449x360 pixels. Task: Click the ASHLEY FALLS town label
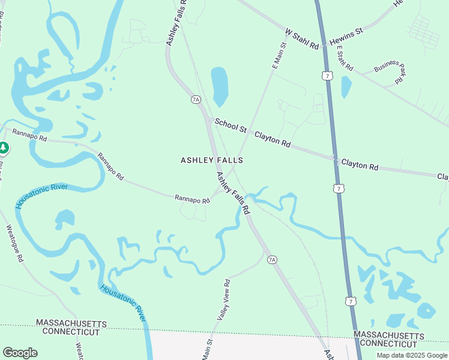tap(212, 160)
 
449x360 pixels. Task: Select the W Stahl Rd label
tap(301, 37)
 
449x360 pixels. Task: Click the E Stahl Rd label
tap(345, 59)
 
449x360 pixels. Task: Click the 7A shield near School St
tap(196, 99)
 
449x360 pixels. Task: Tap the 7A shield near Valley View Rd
tap(273, 259)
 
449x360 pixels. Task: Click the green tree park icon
tap(4, 148)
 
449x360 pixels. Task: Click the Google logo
tap(20, 353)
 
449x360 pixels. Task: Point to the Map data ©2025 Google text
tap(412, 355)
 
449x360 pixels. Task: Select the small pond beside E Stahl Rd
tap(346, 87)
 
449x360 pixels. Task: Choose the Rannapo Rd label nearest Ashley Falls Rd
tap(192, 199)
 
